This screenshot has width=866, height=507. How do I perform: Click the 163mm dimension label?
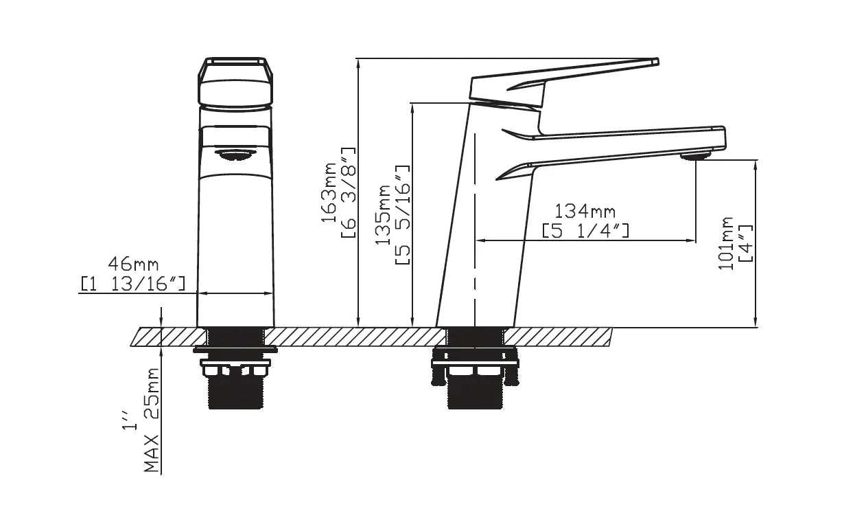click(x=329, y=192)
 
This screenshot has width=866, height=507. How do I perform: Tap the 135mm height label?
click(x=383, y=214)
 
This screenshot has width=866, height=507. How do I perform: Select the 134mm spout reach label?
click(x=585, y=212)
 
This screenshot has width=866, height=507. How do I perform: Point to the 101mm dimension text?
click(x=725, y=243)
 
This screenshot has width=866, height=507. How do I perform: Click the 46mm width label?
click(x=133, y=264)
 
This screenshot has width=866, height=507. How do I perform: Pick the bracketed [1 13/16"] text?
click(x=133, y=284)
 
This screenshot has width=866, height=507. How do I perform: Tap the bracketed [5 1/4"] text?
click(x=585, y=231)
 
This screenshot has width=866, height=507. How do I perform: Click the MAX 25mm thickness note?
click(x=152, y=420)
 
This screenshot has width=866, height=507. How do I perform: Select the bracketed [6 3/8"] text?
click(x=348, y=192)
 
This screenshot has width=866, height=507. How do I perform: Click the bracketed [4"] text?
click(x=746, y=243)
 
